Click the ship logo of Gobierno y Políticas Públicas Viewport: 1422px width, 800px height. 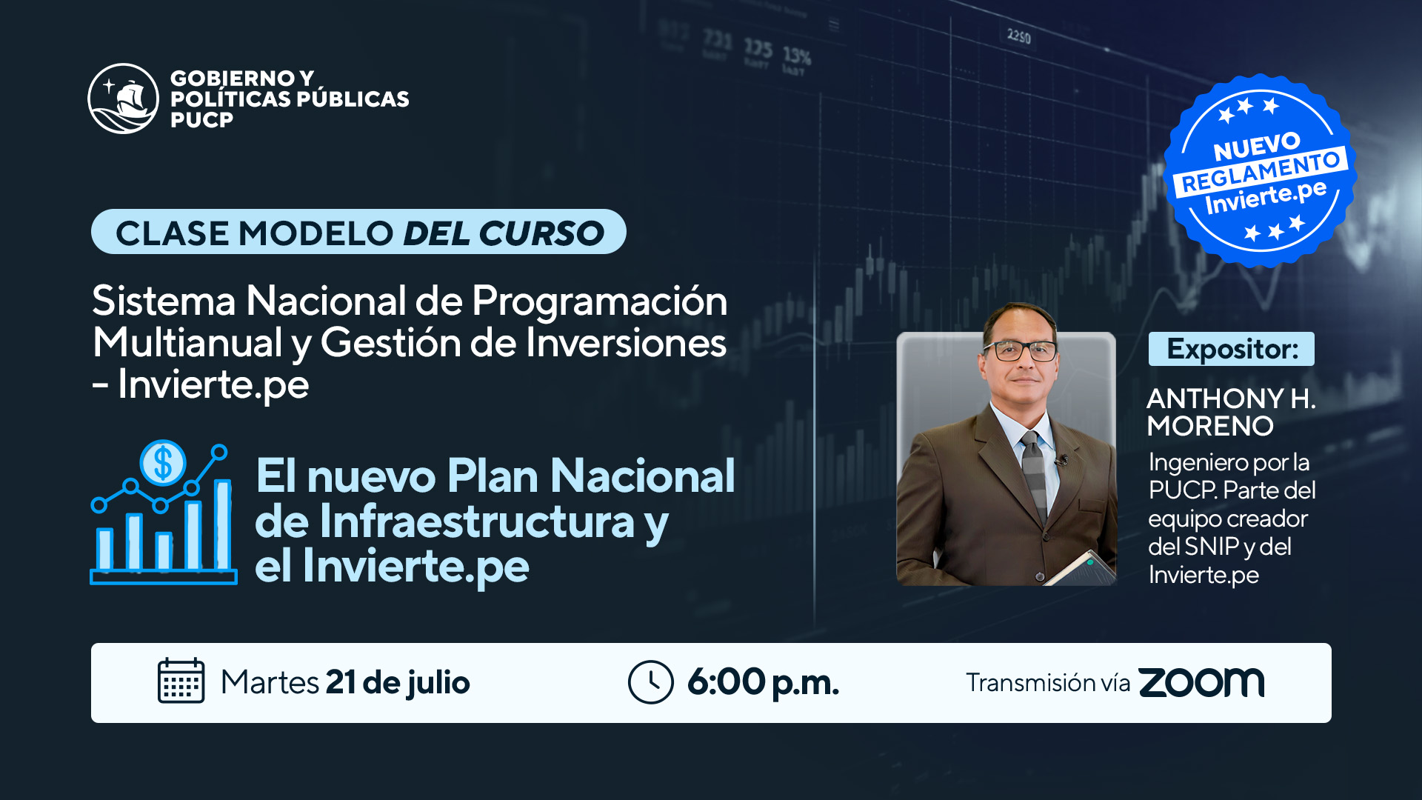pos(123,99)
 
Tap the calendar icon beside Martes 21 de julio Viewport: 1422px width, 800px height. pos(181,681)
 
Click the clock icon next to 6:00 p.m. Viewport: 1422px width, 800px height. pos(650,682)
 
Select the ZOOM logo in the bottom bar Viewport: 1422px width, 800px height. pos(1201,682)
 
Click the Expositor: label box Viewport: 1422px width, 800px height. pos(1232,349)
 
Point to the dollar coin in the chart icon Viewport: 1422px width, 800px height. pos(162,464)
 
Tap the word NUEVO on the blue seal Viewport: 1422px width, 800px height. pos(1256,146)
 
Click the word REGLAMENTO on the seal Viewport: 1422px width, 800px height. pos(1261,173)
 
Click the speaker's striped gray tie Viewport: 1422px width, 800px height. pos(1034,474)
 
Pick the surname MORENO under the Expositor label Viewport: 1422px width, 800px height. pos(1210,426)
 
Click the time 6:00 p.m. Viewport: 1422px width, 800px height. pos(763,682)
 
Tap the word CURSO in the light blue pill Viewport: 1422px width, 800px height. pos(541,233)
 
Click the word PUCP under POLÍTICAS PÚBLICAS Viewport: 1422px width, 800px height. pos(201,120)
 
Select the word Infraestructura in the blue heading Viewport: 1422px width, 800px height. pos(478,521)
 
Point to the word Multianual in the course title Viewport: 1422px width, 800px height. pos(187,342)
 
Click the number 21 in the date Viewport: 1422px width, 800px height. pos(341,682)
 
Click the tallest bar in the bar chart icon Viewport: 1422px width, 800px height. pos(222,524)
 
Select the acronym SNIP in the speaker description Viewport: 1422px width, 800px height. pos(1212,547)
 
